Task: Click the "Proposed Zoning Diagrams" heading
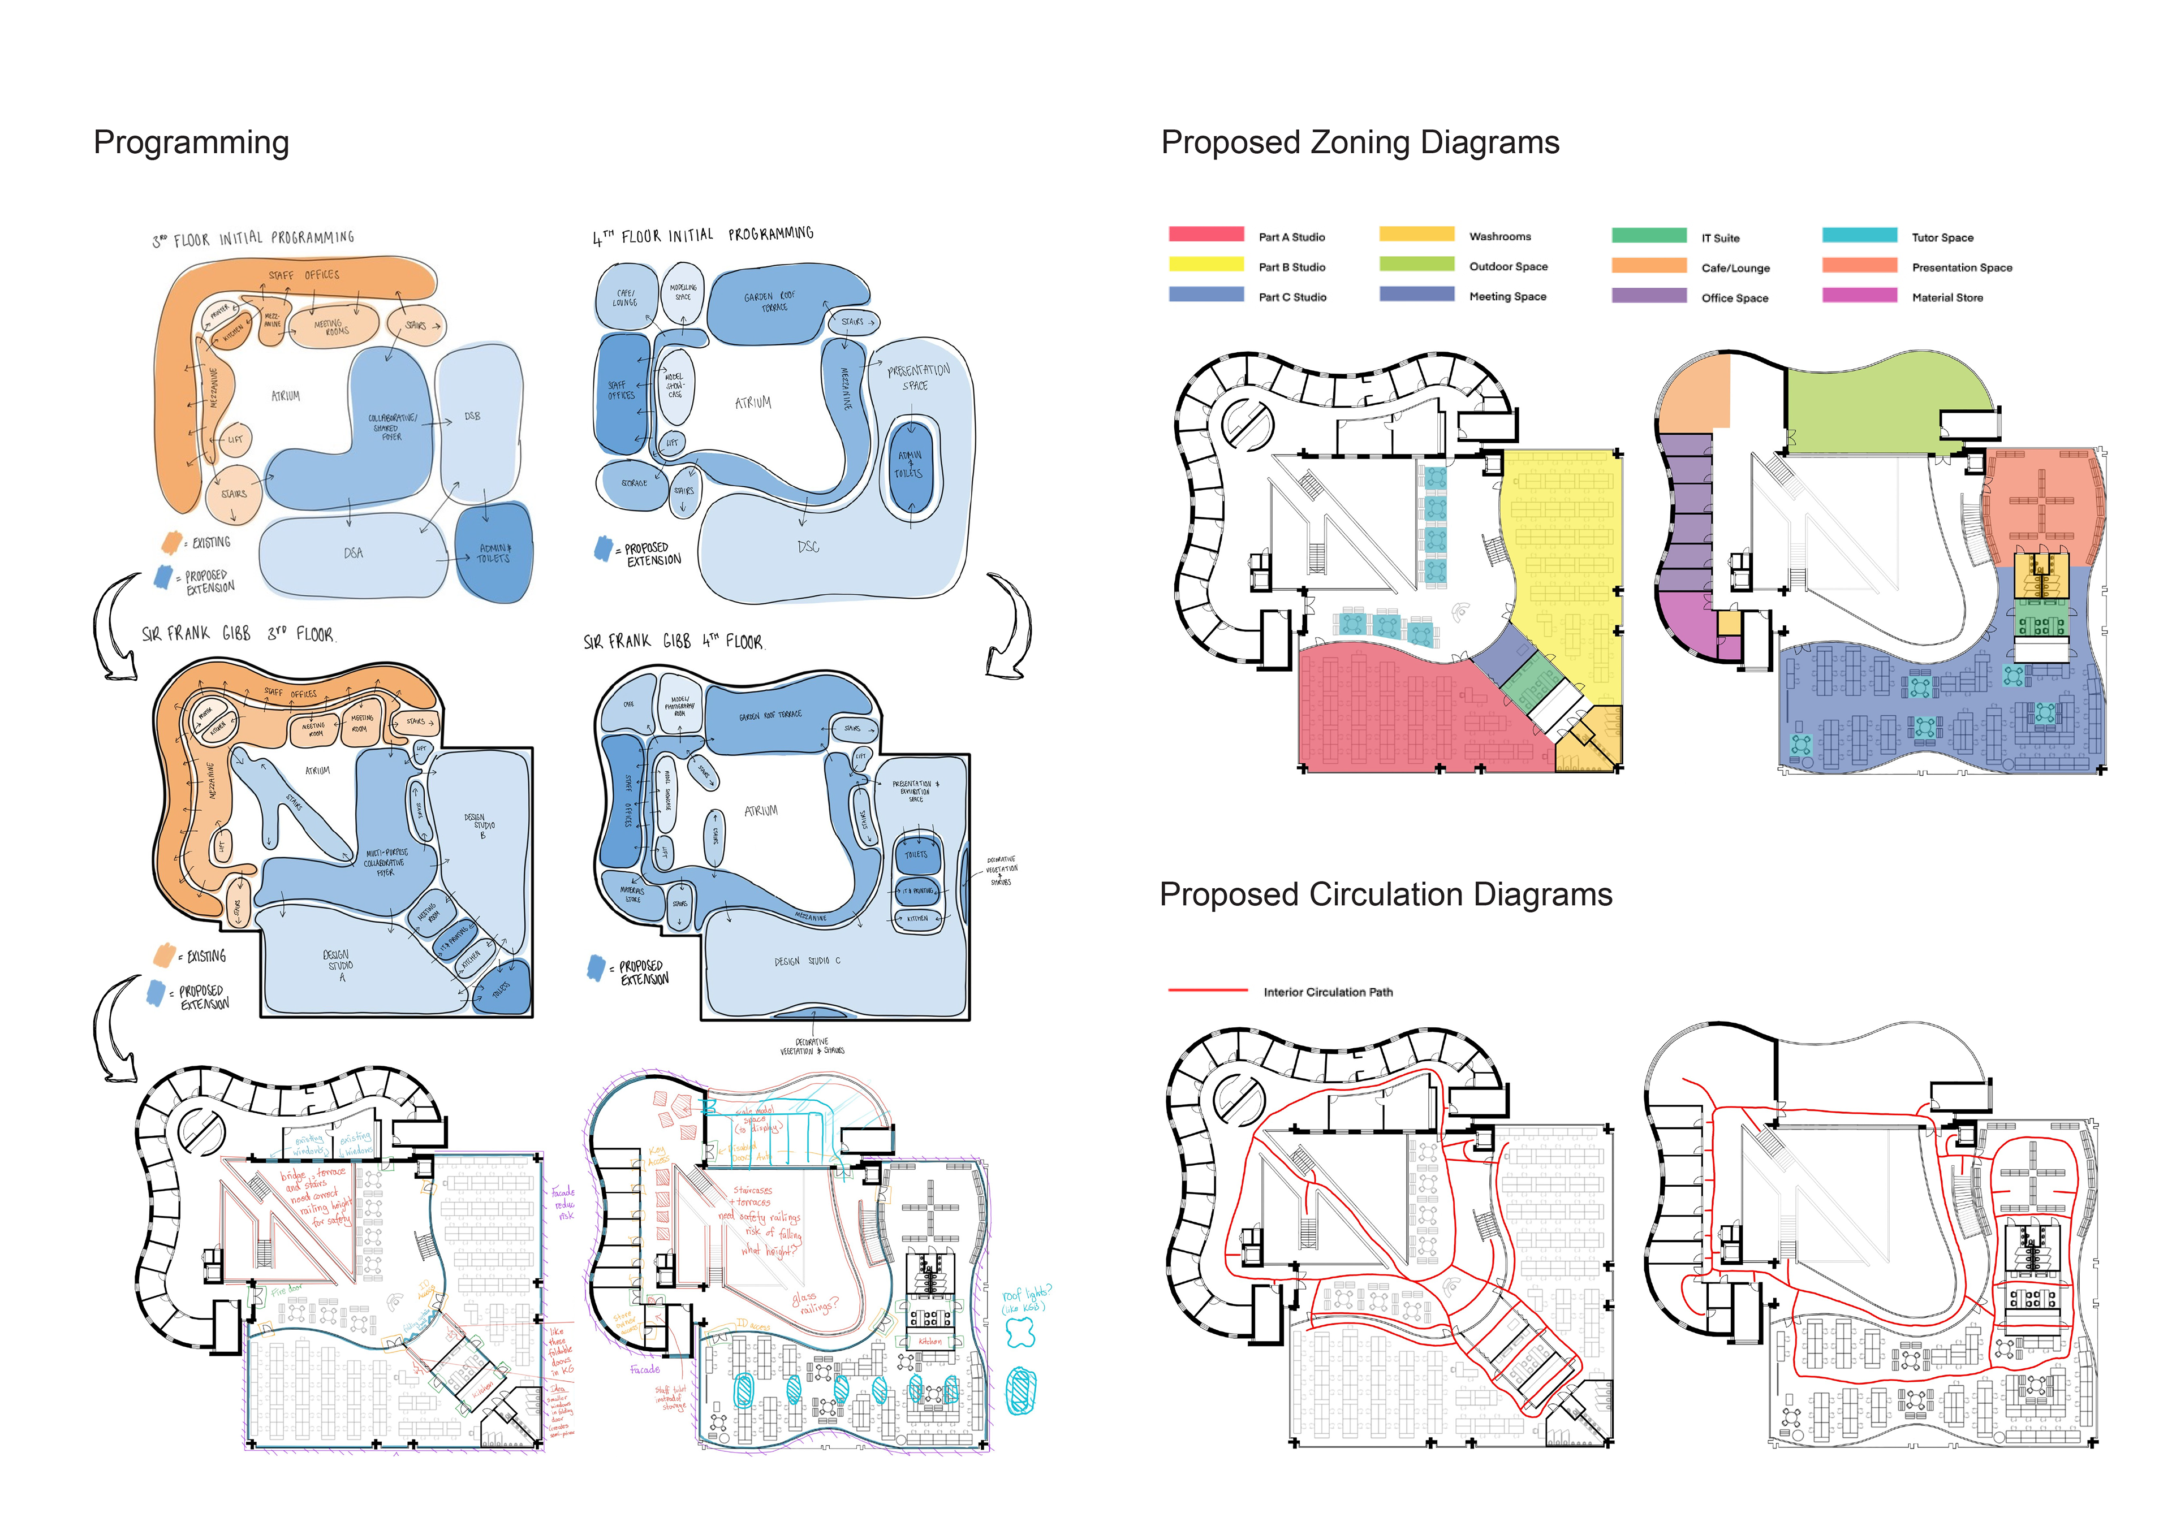[1359, 143]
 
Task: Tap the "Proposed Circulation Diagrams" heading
[1385, 894]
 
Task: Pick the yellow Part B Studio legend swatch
[1205, 265]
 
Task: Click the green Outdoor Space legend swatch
[1416, 264]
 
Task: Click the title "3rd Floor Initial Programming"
[253, 239]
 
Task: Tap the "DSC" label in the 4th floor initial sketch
[808, 547]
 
